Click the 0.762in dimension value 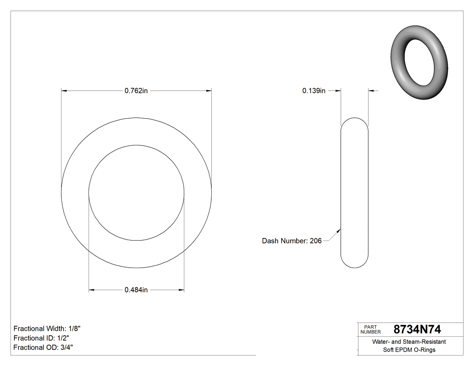point(136,91)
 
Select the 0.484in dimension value point(136,290)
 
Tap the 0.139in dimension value point(314,91)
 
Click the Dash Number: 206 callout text point(292,241)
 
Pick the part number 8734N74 point(417,329)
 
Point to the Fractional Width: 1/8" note point(47,329)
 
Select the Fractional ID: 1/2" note point(41,338)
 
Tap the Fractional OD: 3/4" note point(43,347)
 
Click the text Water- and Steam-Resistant point(409,342)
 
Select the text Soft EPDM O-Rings point(409,350)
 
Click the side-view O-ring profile point(354,193)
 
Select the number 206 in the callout point(316,241)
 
